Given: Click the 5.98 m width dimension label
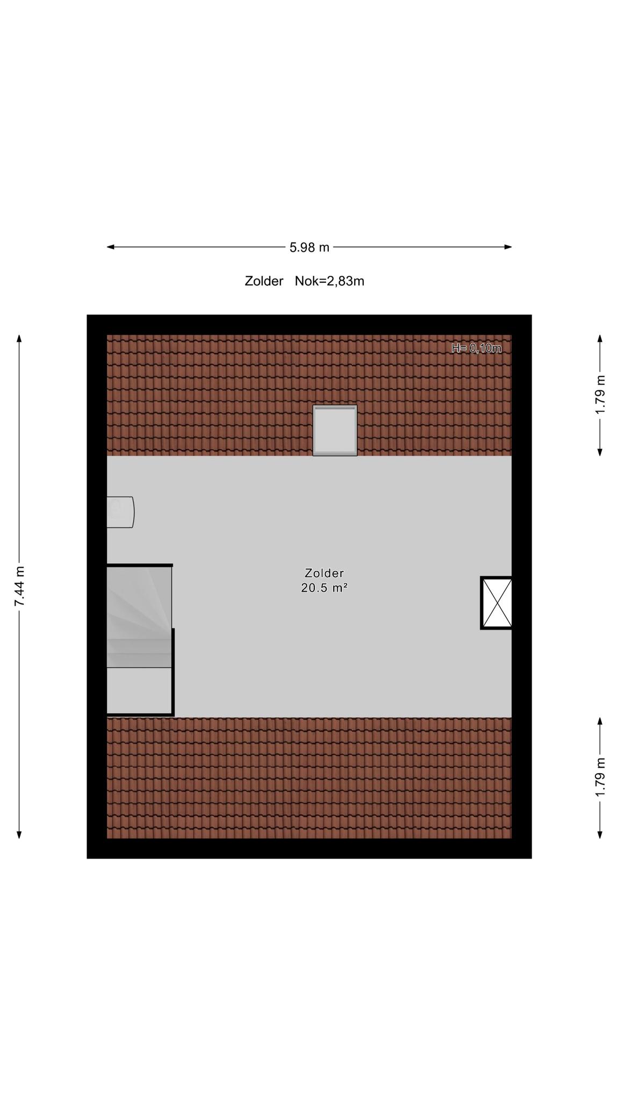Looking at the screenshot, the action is point(309,247).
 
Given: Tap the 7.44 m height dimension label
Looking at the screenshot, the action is point(19,586).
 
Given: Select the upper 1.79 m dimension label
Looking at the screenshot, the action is point(600,394).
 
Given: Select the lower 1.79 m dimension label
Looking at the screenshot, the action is point(600,777).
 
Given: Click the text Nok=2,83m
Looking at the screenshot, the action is point(329,281).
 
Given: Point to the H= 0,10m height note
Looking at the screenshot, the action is point(477,348).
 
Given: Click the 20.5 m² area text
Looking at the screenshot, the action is point(324,588).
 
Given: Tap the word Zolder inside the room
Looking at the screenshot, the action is point(324,573).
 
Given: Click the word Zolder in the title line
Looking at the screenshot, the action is point(264,281).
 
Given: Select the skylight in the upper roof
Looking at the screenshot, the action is point(335,431).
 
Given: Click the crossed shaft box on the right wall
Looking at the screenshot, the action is point(496,603).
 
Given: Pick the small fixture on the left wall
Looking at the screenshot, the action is point(120,512).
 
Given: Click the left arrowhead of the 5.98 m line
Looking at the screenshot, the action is point(111,247).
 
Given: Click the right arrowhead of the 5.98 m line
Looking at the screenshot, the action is point(508,247).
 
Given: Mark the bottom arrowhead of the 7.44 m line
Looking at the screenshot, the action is point(19,834).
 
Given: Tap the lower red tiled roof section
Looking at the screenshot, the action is point(309,778).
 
